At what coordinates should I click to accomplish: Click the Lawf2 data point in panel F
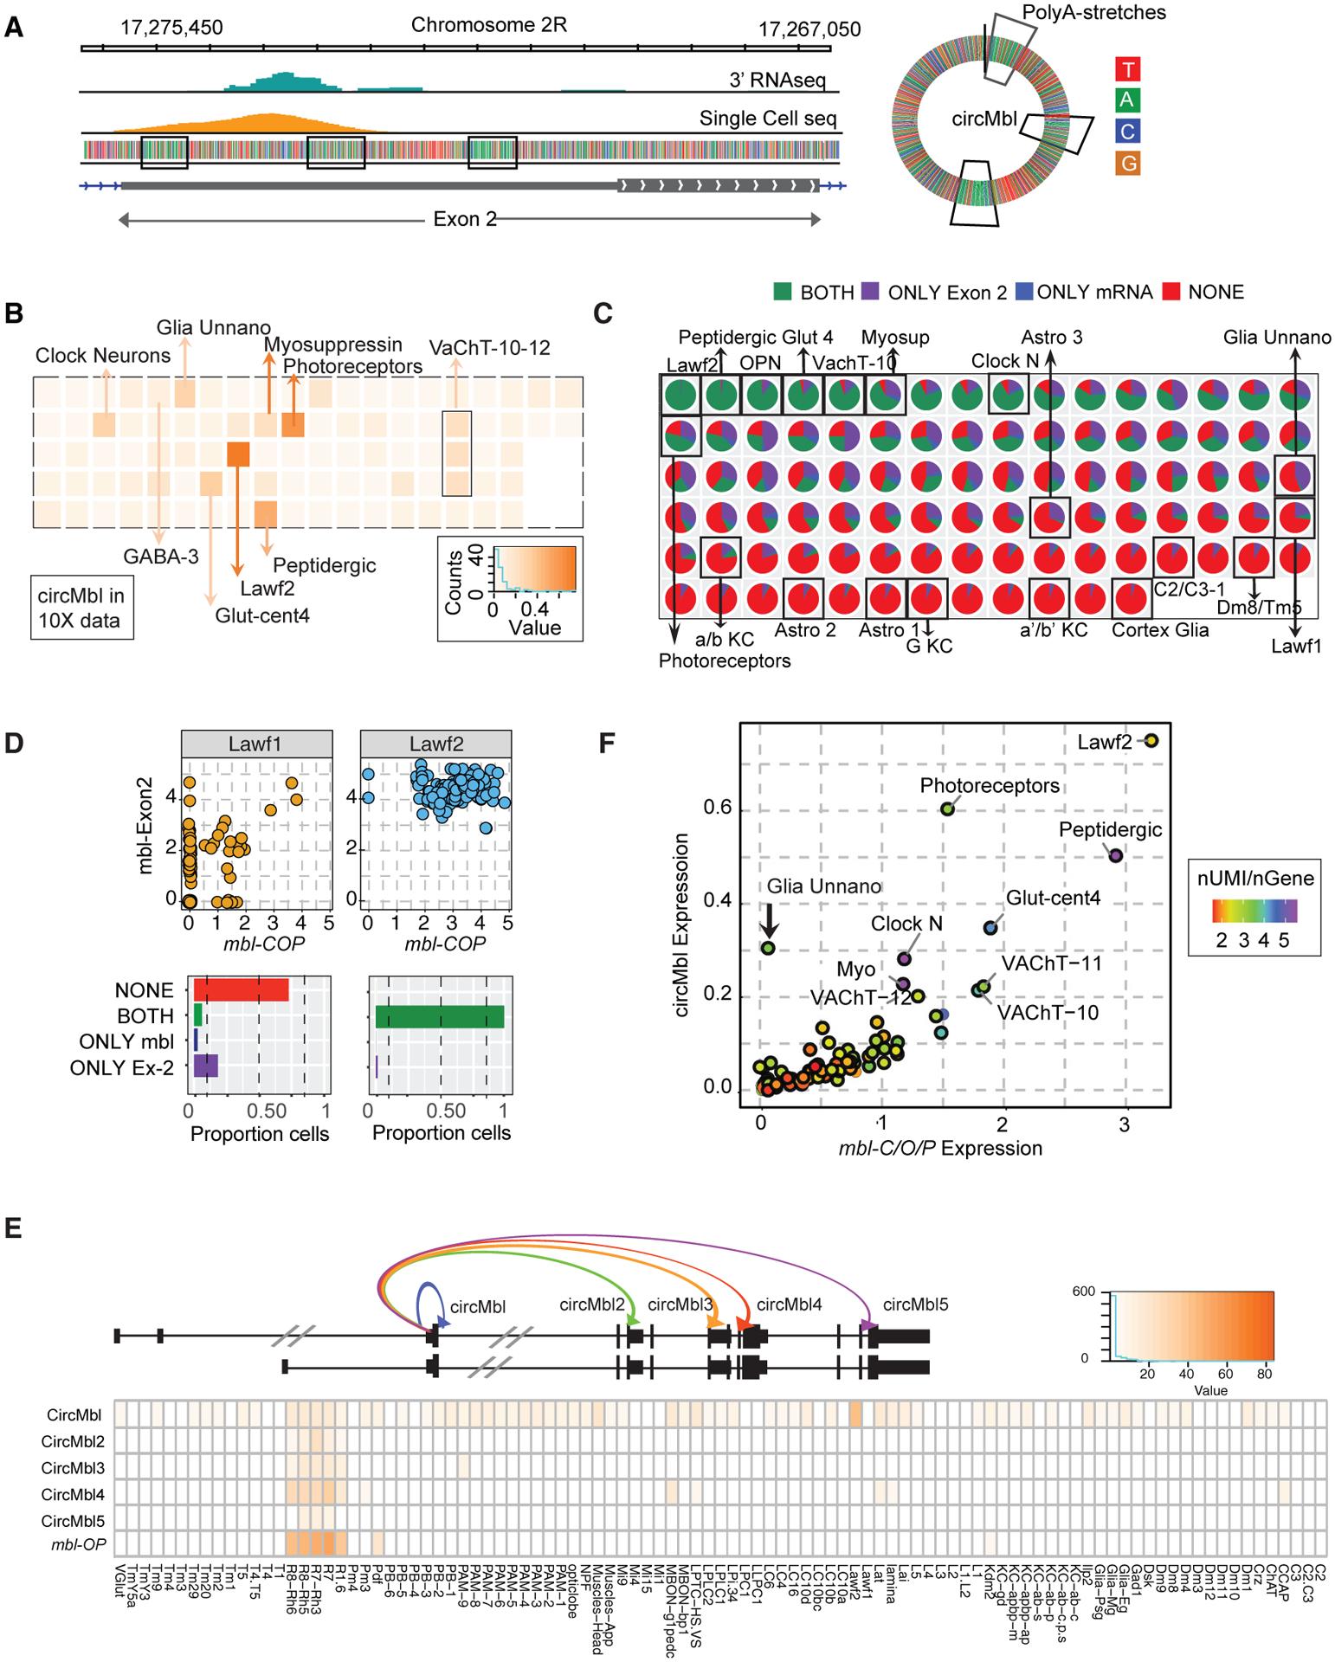tap(1151, 740)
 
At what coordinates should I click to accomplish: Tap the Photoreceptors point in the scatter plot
tap(947, 808)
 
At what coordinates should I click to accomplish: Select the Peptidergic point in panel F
tap(1116, 855)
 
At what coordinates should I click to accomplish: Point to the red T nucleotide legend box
tap(1126, 68)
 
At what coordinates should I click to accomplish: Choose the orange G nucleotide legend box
tap(1126, 163)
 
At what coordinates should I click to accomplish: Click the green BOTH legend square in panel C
tap(783, 293)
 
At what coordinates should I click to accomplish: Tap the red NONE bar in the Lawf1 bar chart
tap(241, 989)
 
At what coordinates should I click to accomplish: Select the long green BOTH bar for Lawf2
tap(440, 1015)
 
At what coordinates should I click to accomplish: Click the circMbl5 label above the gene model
tap(915, 1304)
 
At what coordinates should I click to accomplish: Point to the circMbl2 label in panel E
tap(592, 1304)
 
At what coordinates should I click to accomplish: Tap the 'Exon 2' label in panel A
tap(466, 219)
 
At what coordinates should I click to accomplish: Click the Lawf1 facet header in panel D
tap(256, 744)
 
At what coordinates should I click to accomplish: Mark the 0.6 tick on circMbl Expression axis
tap(719, 808)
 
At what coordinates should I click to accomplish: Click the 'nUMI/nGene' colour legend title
tap(1255, 878)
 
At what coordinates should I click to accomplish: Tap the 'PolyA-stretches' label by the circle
tap(1093, 12)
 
